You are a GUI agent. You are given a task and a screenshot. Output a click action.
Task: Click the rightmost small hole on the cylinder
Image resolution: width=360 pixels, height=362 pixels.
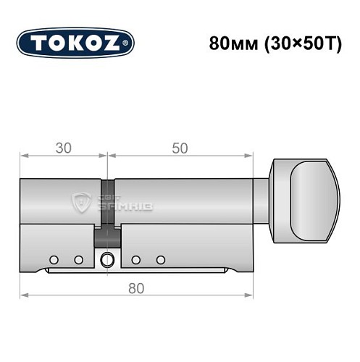[x=160, y=259]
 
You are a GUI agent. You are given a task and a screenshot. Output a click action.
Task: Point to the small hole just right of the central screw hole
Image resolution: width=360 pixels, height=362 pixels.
[x=136, y=259]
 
